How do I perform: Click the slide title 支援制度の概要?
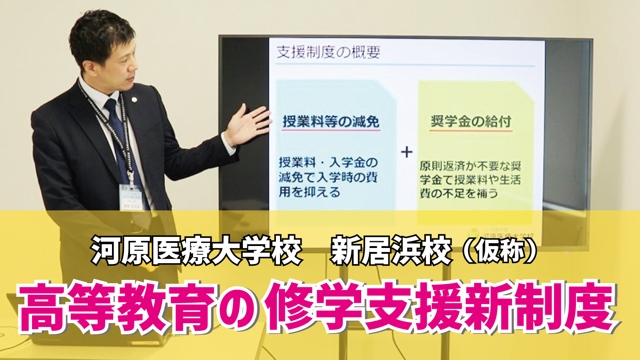coord(328,52)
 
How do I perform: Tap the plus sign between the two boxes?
coord(406,152)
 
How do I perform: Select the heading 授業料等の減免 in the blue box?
coord(331,122)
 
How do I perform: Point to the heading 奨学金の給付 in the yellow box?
coord(471,121)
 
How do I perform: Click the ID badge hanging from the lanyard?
coord(131,197)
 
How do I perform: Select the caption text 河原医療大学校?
coord(196,251)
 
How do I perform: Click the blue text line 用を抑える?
coord(309,192)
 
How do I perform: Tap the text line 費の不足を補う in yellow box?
coord(458,193)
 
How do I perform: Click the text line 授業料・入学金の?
coord(328,162)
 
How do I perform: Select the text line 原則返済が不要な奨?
coord(470,166)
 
